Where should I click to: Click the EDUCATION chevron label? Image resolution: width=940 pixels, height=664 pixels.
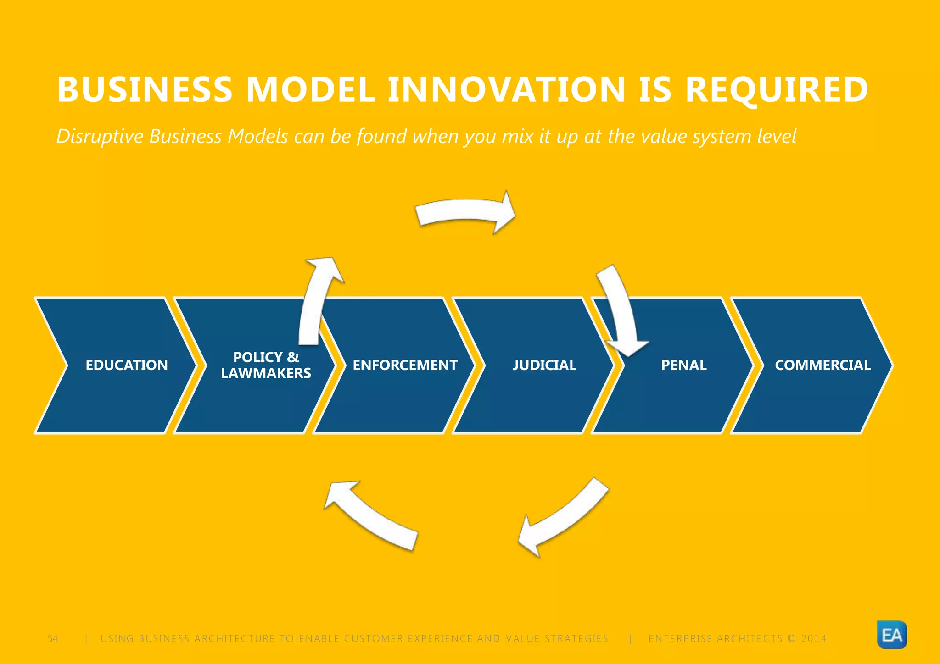click(x=127, y=365)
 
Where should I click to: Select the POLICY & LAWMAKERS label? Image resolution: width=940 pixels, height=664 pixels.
click(x=266, y=365)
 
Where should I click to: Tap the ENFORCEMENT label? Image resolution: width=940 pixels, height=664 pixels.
click(x=405, y=365)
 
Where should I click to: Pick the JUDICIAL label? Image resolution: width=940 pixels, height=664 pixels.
click(x=544, y=365)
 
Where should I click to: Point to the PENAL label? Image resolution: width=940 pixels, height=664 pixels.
click(x=683, y=365)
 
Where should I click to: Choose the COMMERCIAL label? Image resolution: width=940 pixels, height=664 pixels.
click(x=822, y=365)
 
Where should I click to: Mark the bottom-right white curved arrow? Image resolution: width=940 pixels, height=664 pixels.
click(x=565, y=516)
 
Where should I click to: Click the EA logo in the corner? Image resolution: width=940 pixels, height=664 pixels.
click(x=892, y=635)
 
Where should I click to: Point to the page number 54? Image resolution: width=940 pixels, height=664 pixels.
click(x=53, y=638)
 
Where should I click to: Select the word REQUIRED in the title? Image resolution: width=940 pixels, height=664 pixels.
click(x=777, y=89)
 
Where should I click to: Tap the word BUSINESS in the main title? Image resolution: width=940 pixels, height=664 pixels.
click(x=145, y=89)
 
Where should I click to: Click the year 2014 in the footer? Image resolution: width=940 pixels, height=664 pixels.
click(x=813, y=638)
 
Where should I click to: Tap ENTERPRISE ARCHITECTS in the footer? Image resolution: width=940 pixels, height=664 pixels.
click(x=715, y=638)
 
